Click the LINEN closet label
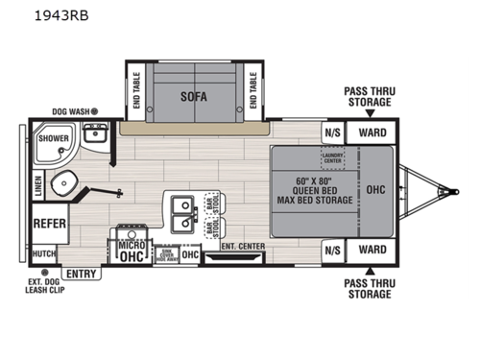tap(37, 185)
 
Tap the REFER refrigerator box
tap(49, 224)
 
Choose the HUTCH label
tap(44, 253)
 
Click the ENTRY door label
tap(83, 274)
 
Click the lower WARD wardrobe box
tap(372, 251)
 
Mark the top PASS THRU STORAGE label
tap(369, 97)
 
